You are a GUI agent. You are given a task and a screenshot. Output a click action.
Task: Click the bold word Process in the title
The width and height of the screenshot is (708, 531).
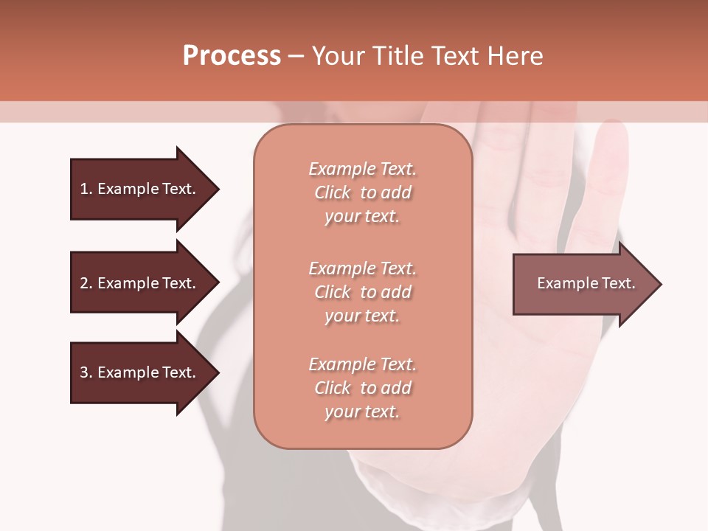tap(232, 56)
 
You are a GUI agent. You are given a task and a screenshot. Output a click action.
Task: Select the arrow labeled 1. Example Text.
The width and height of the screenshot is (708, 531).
tap(140, 189)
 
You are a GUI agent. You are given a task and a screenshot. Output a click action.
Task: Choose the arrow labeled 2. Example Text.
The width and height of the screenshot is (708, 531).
tap(140, 283)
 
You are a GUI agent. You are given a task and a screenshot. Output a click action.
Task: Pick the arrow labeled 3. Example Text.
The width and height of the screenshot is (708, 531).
tap(140, 372)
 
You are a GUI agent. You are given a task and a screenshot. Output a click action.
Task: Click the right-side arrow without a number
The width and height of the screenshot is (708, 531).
tap(583, 284)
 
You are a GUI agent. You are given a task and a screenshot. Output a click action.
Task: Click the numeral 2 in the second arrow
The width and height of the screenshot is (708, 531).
tap(84, 283)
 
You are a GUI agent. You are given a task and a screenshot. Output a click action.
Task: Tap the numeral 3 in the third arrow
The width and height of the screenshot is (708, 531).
tap(84, 372)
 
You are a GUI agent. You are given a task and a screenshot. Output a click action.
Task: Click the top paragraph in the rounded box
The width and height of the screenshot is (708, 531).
tap(362, 192)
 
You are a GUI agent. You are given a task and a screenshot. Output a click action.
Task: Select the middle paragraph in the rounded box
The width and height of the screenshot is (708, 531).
tap(362, 292)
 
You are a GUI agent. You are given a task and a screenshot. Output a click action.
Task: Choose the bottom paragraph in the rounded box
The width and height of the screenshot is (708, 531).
tap(362, 388)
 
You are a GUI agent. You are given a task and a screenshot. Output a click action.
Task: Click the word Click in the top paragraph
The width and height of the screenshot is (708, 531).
tap(333, 192)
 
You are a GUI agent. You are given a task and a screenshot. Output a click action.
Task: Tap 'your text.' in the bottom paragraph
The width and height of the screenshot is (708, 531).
tap(362, 412)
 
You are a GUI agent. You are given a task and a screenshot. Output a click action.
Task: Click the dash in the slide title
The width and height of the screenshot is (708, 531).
tap(296, 56)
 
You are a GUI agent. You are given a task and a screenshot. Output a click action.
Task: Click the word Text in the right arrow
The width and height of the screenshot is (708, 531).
tap(618, 283)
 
